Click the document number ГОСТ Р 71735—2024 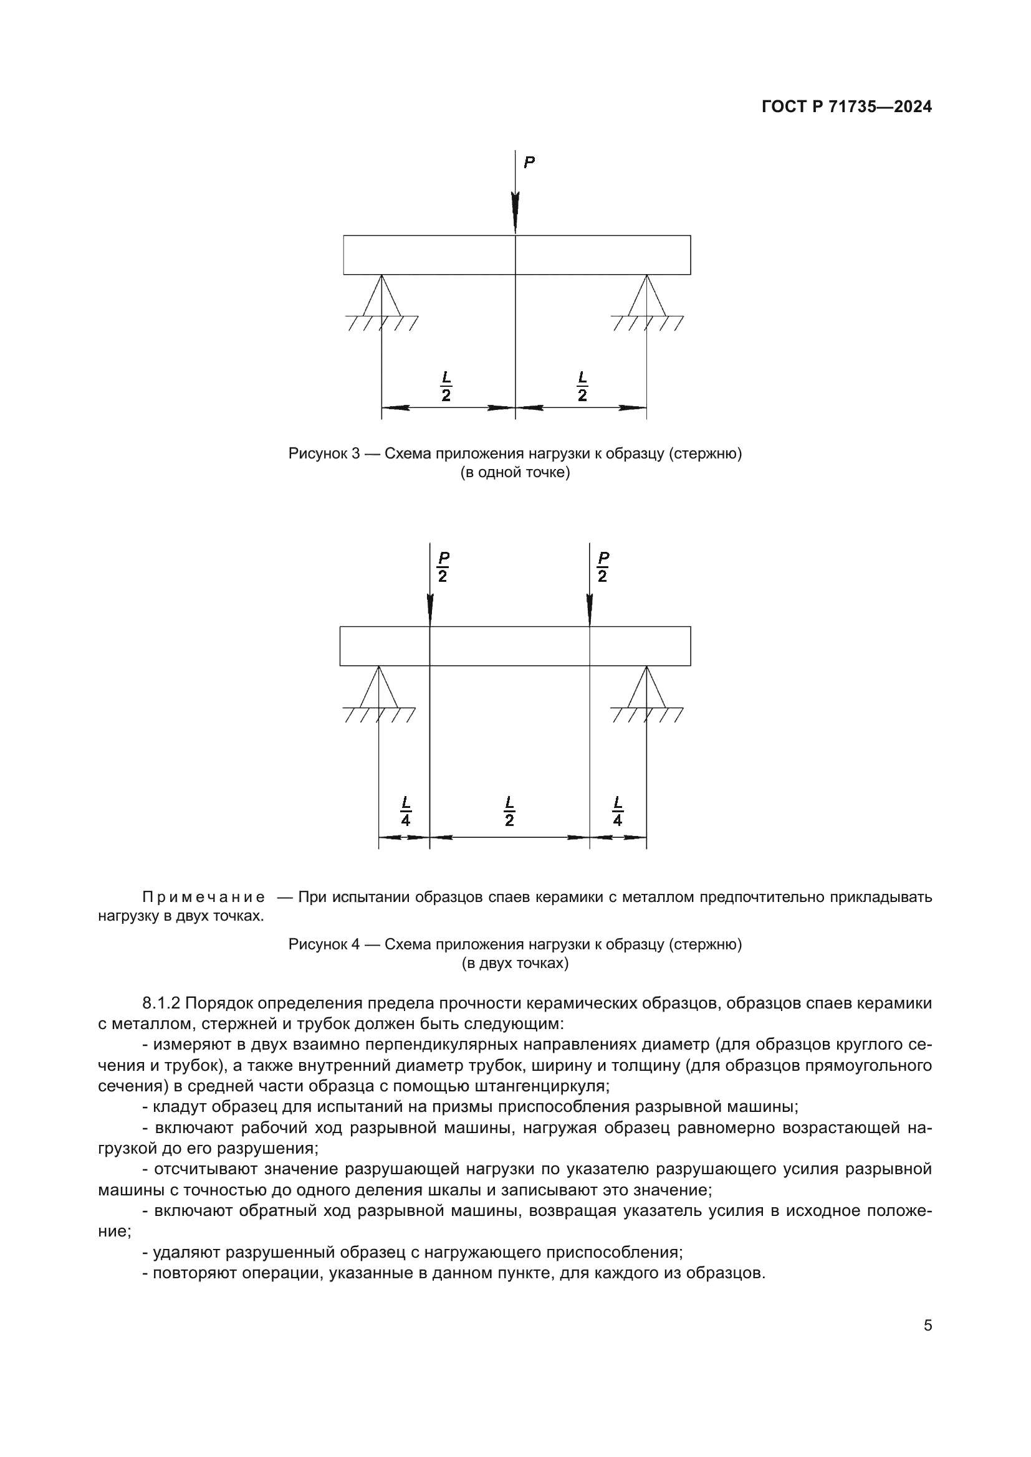pos(846,107)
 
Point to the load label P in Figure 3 pos(529,163)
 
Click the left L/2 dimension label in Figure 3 pos(446,386)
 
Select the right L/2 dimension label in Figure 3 pos(582,386)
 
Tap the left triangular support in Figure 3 pos(381,297)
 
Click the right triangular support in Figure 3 pos(647,297)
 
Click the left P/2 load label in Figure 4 pos(443,567)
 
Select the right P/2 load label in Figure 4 pos(603,567)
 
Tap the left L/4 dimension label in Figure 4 pos(406,811)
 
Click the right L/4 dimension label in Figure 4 pos(618,811)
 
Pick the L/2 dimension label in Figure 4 pos(509,811)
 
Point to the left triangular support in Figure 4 pos(379,688)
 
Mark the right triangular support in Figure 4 pos(647,688)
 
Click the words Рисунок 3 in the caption pos(324,453)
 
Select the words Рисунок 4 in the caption pos(324,944)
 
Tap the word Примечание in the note pos(203,897)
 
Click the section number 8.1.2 pos(162,1004)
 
